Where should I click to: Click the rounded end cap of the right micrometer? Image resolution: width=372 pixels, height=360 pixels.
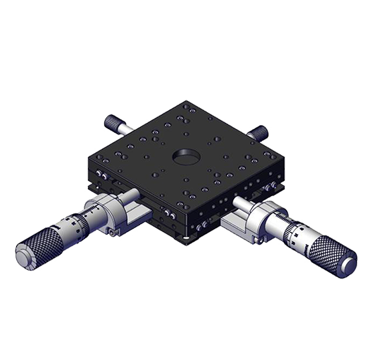348,264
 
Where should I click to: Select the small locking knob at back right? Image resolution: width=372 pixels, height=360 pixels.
259,132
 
